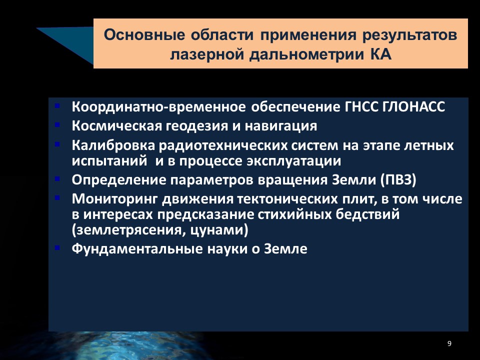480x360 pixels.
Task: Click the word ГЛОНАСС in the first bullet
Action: (x=414, y=107)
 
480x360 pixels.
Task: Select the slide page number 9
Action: (x=449, y=343)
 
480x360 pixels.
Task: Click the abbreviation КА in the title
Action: (x=381, y=54)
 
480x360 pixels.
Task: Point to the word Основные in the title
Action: (x=144, y=34)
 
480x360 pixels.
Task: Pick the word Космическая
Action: (x=117, y=126)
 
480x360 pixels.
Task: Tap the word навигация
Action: (x=280, y=126)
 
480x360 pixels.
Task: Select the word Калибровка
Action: (x=113, y=145)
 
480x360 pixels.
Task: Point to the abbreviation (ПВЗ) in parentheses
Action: (x=398, y=180)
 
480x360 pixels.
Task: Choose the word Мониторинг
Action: (x=115, y=199)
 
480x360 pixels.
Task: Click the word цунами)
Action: (x=219, y=230)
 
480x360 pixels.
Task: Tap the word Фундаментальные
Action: (x=137, y=248)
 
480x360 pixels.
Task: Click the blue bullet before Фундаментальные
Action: (x=57, y=247)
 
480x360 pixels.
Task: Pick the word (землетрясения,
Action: (x=128, y=230)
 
